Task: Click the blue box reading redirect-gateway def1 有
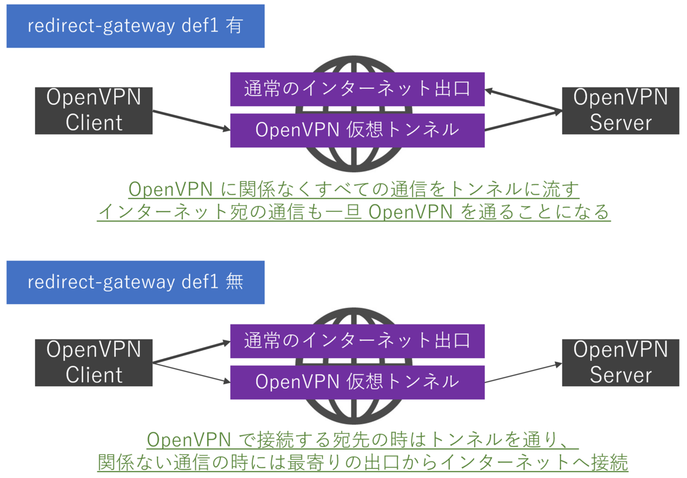coord(135,26)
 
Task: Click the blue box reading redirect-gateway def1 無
coord(135,282)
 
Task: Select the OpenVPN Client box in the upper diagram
coord(94,110)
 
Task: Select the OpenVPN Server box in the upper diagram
coord(621,110)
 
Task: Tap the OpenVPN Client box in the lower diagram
coord(94,362)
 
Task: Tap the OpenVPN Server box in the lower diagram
coord(621,362)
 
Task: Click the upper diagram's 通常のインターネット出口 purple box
coord(357,89)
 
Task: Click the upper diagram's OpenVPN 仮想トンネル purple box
coord(357,130)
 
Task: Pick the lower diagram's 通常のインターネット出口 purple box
coord(357,341)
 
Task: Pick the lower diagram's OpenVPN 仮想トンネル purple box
coord(357,382)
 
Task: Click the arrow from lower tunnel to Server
coord(522,373)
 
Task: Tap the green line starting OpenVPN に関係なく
coord(354,189)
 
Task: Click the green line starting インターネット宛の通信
coord(354,212)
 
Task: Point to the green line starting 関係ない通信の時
coord(362,462)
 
